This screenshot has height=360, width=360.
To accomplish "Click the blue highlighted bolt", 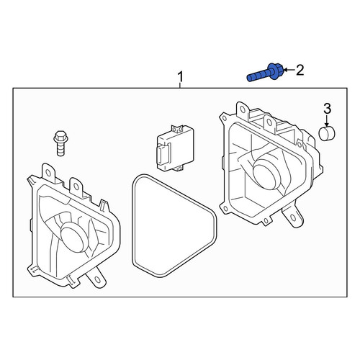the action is (265, 73).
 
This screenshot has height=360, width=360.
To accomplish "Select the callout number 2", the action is (300, 70).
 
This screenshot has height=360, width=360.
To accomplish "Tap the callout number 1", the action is (180, 77).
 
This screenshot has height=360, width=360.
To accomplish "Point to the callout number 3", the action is (327, 109).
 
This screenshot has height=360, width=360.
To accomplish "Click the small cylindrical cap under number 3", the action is (327, 133).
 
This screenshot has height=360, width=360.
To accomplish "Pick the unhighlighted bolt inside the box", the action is (60, 143).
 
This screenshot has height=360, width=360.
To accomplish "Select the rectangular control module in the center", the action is (175, 148).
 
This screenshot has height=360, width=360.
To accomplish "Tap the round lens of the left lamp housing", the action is (73, 238).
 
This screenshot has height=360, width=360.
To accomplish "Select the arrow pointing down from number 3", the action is (327, 120).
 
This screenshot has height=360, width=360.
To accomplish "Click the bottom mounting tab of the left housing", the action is (96, 278).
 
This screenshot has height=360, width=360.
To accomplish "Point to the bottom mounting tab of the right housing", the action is (292, 217).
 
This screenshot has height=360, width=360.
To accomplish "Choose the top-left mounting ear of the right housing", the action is (243, 109).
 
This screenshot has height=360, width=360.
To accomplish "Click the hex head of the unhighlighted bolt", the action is (60, 137).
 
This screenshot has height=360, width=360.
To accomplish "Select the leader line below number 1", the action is (180, 86).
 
